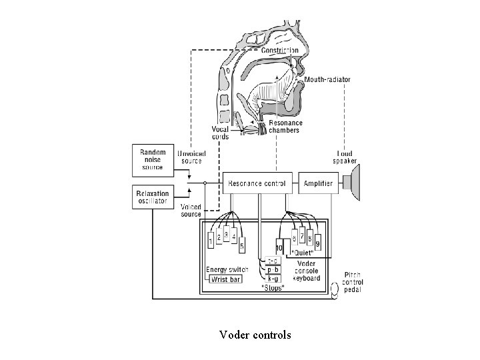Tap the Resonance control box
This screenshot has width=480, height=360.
(257, 183)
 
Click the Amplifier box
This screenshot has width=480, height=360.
(318, 183)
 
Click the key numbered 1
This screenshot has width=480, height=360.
(211, 241)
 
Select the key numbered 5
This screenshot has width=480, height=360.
(241, 245)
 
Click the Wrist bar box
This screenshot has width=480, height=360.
(226, 279)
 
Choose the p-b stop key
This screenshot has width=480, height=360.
(273, 269)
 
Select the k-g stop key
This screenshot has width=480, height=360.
(273, 278)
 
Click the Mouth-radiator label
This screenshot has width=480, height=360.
(329, 80)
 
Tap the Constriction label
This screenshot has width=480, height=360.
(279, 51)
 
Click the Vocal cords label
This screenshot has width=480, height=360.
(220, 133)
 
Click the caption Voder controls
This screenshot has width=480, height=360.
(255, 335)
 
